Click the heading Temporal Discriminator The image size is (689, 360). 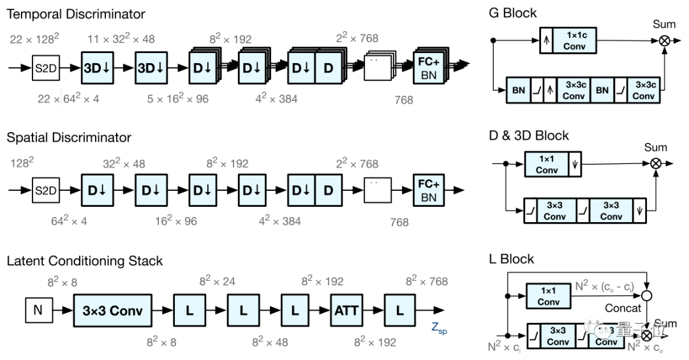pos(76,13)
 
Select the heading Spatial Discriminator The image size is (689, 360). pos(69,137)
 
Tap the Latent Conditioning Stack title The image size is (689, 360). pos(85,260)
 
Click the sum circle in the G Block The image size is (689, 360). pos(665,40)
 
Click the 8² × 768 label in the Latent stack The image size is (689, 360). pos(426,281)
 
